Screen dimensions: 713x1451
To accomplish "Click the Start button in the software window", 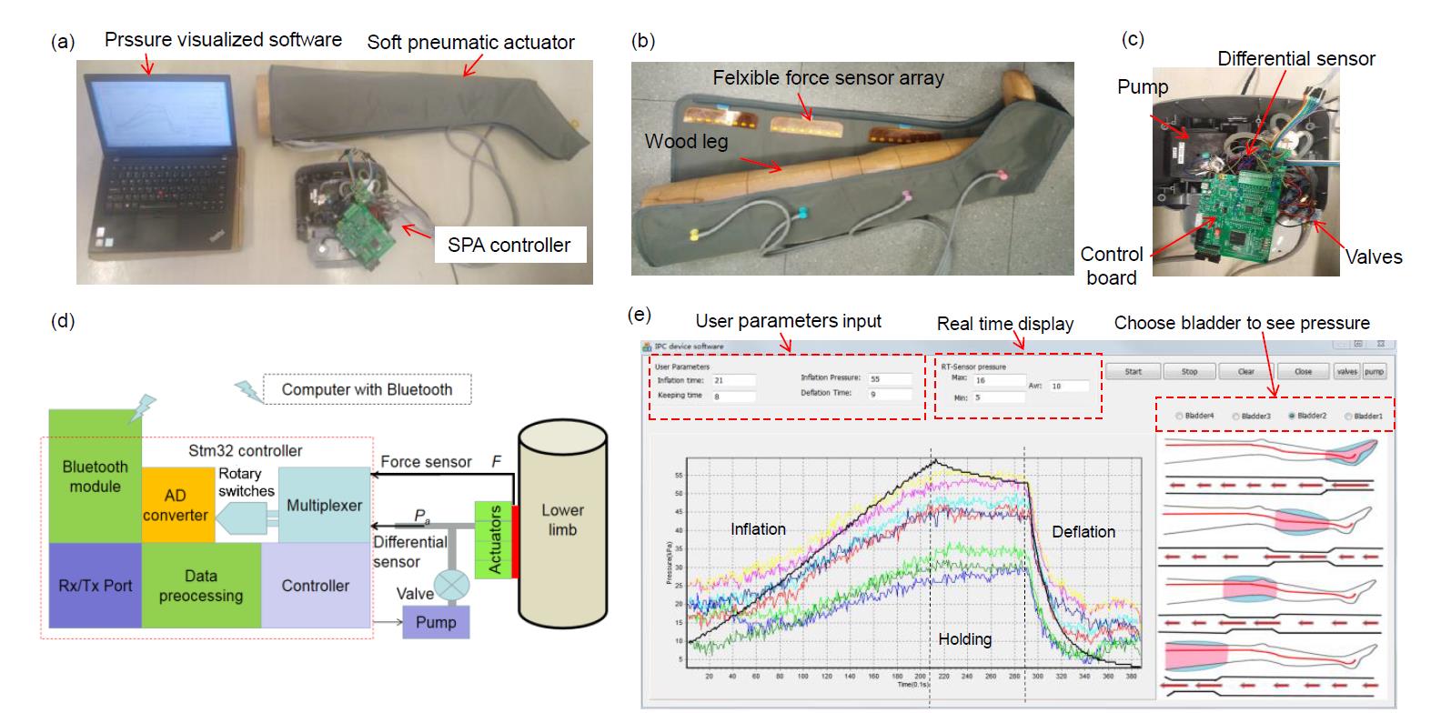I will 1133,371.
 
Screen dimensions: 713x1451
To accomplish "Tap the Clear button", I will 1246,371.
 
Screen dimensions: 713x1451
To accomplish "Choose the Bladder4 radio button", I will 1180,416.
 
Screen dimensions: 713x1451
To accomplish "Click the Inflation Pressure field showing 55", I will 889,378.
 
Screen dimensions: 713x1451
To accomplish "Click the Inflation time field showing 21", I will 733,380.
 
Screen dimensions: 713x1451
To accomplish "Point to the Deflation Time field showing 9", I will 889,394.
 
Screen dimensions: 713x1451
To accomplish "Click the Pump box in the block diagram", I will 436,622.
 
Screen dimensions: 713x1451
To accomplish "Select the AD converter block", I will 175,506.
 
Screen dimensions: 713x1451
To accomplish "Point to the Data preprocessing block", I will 201,586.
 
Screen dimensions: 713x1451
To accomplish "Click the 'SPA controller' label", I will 509,245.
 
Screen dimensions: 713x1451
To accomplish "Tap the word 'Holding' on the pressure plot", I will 964,639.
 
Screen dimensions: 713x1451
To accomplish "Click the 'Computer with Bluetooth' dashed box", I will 367,389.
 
